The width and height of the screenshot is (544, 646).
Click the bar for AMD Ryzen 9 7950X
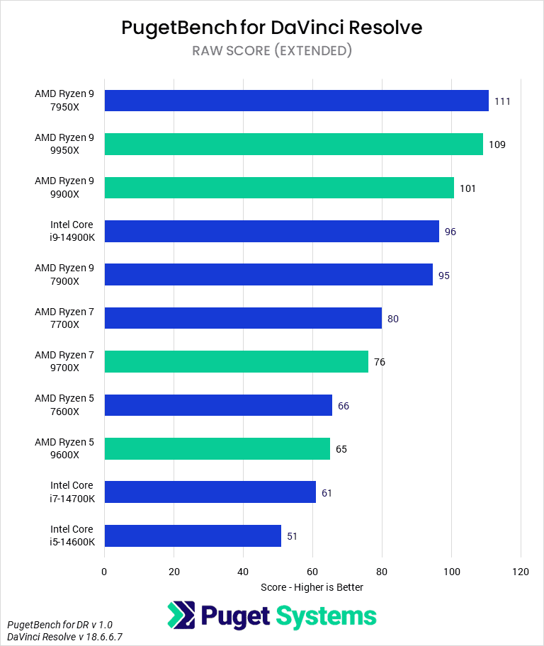coord(296,101)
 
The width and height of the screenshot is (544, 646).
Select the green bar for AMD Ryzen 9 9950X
coord(293,144)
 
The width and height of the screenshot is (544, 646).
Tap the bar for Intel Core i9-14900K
coord(271,231)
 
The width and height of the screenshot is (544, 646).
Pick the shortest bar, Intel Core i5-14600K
coord(193,535)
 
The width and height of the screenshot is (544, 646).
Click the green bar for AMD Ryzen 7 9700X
coord(236,361)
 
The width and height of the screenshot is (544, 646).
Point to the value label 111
coord(502,101)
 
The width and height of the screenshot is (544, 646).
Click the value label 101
coord(467,188)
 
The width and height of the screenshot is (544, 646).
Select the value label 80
coord(393,319)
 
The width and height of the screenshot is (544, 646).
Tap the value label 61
coord(327,492)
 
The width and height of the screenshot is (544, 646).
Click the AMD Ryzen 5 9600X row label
coord(64,448)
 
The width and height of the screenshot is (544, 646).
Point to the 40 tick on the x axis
coord(243,571)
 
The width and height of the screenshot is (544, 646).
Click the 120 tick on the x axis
coord(521,571)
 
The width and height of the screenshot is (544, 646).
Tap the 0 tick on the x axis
coord(104,571)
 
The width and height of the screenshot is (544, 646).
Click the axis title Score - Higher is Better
coord(312,587)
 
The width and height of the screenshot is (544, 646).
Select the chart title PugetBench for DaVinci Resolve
coord(272,27)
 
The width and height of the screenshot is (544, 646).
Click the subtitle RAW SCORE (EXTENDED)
coord(272,50)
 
